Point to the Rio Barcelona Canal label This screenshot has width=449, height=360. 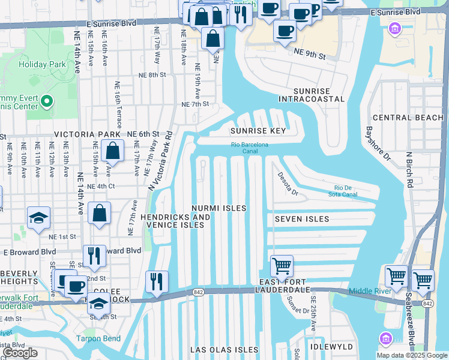[250, 148]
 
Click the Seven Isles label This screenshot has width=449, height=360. [302, 220]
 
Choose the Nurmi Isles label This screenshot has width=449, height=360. [219, 208]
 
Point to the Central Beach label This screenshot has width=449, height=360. [408, 118]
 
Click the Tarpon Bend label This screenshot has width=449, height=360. [98, 338]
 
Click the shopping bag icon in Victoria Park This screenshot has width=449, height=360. [112, 151]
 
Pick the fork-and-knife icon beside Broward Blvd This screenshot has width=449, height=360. [94, 256]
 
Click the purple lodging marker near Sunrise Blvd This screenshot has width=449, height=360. [394, 28]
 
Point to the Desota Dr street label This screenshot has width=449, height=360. [287, 184]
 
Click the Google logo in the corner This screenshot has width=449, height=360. [20, 353]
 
